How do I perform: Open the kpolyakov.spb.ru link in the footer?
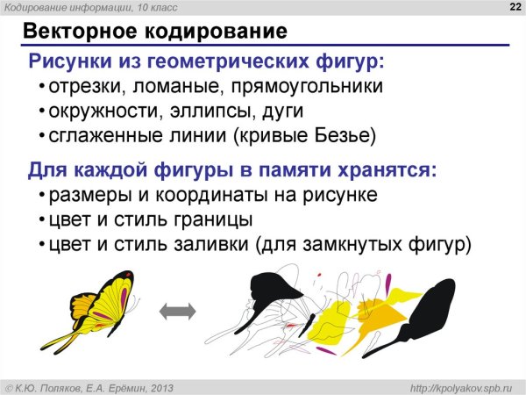pos(465,387)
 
